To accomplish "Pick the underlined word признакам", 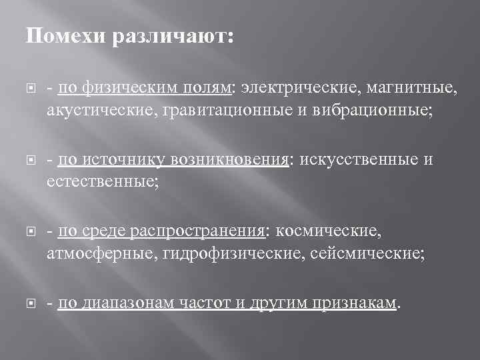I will coord(354,303).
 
